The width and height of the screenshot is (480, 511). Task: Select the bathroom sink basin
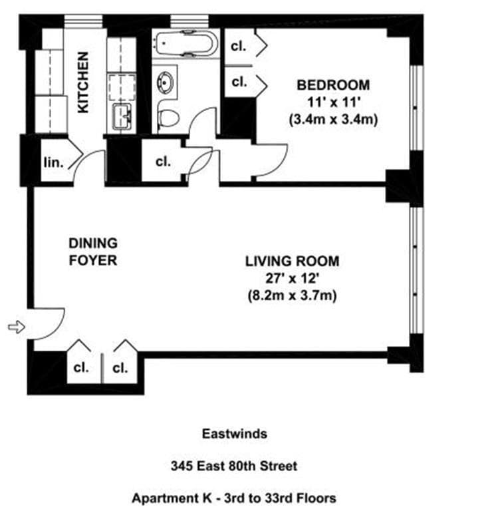[x=164, y=83]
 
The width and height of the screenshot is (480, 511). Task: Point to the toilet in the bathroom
[x=169, y=119]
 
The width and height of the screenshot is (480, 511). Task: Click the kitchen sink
[x=121, y=116]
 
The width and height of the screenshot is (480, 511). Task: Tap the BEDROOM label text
[x=332, y=85]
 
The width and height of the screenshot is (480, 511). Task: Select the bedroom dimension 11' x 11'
[x=332, y=102]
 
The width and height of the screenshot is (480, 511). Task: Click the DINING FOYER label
[x=93, y=252]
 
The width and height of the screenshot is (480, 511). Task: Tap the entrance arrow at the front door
[x=15, y=327]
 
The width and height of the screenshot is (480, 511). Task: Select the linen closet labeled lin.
[x=53, y=162]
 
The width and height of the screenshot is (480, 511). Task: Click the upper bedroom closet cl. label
[x=238, y=47]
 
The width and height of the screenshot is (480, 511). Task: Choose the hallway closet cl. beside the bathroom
[x=163, y=161]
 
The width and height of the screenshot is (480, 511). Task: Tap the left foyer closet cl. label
[x=80, y=368]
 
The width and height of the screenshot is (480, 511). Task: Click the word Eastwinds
[x=234, y=434]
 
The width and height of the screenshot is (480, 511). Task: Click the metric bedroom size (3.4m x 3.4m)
[x=332, y=120]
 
